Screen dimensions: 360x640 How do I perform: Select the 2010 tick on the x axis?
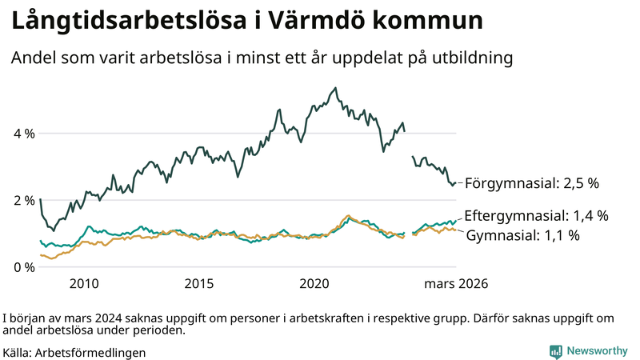click(84, 284)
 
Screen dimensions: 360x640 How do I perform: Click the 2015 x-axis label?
click(199, 284)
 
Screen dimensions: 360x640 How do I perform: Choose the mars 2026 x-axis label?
click(456, 284)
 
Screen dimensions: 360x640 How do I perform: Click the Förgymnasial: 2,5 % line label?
click(532, 183)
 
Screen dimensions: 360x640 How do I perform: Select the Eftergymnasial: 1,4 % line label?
click(536, 216)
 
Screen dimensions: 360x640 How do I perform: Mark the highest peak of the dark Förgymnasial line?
click(335, 88)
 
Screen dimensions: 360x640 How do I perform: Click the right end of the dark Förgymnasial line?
click(455, 183)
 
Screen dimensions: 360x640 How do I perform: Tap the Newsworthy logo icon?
click(555, 351)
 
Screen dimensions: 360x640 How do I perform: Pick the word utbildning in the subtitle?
click(471, 58)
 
